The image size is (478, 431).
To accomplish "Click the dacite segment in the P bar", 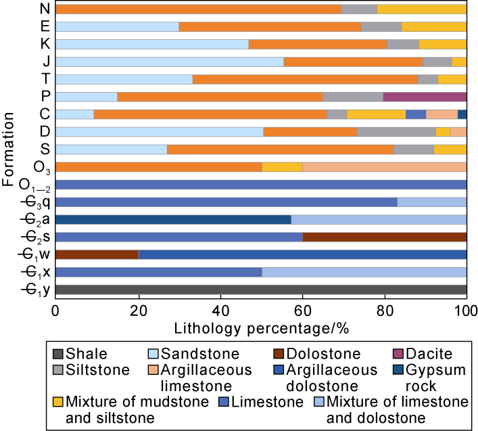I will click(x=429, y=97).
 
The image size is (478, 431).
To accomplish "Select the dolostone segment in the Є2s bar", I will click(x=384, y=237).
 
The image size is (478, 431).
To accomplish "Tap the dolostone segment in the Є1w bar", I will click(x=97, y=254).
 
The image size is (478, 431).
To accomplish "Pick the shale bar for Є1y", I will click(x=260, y=290).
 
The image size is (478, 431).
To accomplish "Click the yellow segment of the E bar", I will click(x=433, y=26).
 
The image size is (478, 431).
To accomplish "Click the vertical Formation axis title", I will click(x=9, y=149).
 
